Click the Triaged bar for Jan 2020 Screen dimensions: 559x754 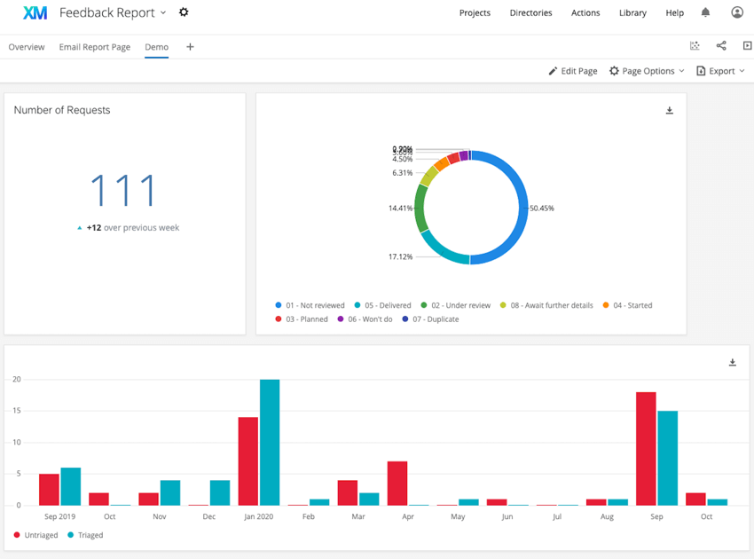point(270,442)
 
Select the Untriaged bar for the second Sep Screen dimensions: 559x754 point(646,448)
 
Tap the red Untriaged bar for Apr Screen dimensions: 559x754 point(397,483)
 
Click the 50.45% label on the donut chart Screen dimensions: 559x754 point(542,209)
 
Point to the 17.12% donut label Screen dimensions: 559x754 point(400,256)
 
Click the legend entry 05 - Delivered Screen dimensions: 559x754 point(383,305)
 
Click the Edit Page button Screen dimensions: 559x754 point(572,71)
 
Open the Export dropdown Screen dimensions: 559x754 point(720,71)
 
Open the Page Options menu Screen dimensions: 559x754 point(647,71)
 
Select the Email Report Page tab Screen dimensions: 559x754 point(94,47)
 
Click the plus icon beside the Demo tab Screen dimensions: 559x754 point(190,47)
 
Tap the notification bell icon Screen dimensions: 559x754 point(705,12)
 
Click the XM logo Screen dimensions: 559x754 point(35,12)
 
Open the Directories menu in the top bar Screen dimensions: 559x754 point(530,12)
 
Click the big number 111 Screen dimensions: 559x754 point(124,191)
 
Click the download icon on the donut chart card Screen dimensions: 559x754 point(670,111)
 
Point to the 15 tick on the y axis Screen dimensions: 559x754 point(16,411)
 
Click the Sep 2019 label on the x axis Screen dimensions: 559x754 point(60,516)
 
